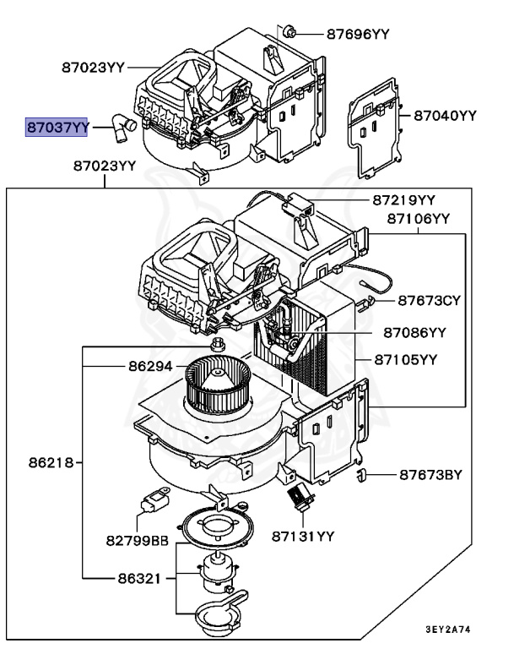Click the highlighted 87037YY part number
click(x=57, y=128)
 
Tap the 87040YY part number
click(x=444, y=115)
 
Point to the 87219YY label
click(x=403, y=200)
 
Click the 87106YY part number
click(x=419, y=219)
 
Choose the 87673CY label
click(x=430, y=300)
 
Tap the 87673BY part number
click(x=431, y=475)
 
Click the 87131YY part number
click(x=303, y=536)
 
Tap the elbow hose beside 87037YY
click(x=122, y=129)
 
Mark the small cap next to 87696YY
click(x=290, y=32)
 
